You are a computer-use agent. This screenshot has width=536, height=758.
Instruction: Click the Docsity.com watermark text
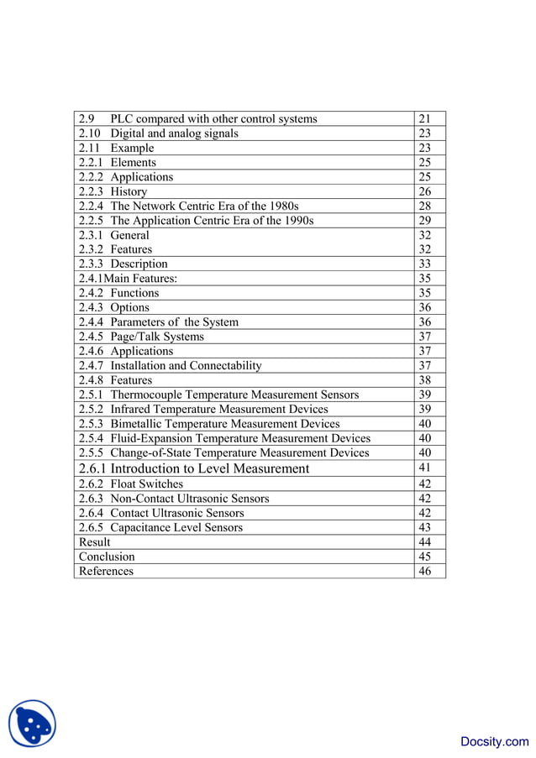tap(495, 741)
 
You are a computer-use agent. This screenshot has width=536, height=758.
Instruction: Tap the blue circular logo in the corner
tap(32, 724)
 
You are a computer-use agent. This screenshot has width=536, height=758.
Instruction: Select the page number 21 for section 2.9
tap(424, 119)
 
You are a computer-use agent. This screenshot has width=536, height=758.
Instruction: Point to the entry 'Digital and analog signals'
tap(174, 133)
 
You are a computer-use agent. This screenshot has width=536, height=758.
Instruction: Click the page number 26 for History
tap(424, 191)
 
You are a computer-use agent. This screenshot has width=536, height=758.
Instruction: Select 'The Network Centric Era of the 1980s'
tap(204, 206)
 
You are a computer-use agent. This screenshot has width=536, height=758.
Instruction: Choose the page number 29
tap(424, 221)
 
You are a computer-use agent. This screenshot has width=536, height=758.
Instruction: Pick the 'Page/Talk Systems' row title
tap(157, 337)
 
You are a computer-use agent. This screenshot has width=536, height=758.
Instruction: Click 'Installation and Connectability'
tap(186, 365)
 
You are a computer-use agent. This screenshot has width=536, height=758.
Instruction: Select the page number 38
tap(424, 380)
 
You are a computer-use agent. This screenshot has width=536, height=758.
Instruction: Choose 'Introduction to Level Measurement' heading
tap(209, 468)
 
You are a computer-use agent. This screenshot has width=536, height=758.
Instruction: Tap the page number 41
tap(424, 468)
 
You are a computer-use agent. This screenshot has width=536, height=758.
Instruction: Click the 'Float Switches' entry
tap(146, 484)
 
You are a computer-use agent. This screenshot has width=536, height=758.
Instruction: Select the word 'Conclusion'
tap(107, 557)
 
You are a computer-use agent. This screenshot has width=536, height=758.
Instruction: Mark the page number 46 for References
tap(424, 571)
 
